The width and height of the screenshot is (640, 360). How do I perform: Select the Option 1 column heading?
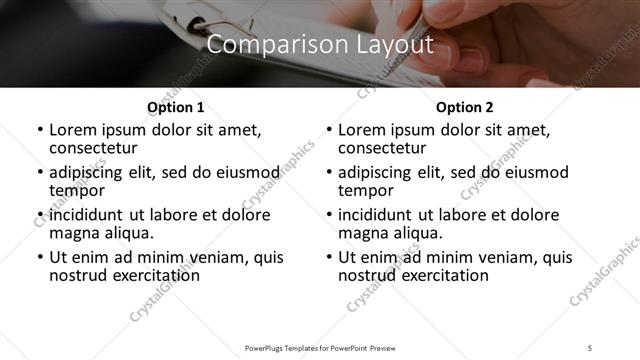click(x=176, y=107)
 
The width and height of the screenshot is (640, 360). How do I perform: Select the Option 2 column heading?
click(x=465, y=107)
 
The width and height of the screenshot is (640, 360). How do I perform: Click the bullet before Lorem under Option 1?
click(x=39, y=131)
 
